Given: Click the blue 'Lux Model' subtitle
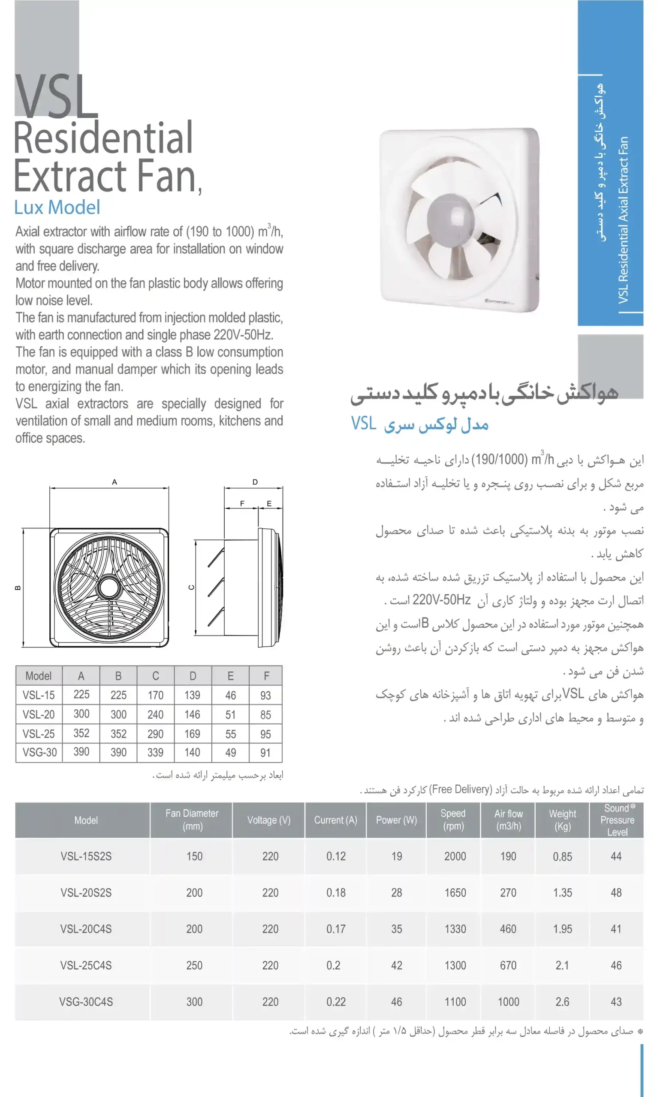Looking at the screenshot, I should pyautogui.click(x=57, y=207).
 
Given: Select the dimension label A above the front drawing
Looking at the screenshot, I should pyautogui.click(x=114, y=482).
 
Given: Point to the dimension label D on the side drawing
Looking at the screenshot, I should pyautogui.click(x=255, y=482).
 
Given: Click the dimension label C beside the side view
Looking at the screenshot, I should pyautogui.click(x=192, y=587).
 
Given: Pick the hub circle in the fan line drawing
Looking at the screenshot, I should pyautogui.click(x=108, y=587).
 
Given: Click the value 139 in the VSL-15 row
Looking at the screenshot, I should pyautogui.click(x=192, y=695).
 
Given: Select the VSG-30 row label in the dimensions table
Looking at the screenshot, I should pyautogui.click(x=39, y=752).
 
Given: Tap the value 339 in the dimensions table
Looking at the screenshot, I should pyautogui.click(x=155, y=752).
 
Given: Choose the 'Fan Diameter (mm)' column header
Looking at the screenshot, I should pyautogui.click(x=192, y=820).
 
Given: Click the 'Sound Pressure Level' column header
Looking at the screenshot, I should pyautogui.click(x=617, y=820).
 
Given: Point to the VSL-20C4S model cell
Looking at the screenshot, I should pyautogui.click(x=86, y=929).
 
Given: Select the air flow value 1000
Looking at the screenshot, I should pyautogui.click(x=508, y=1001).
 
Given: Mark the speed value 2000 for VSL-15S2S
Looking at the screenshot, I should pyautogui.click(x=455, y=856).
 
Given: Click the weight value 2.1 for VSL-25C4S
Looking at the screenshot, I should pyautogui.click(x=562, y=965).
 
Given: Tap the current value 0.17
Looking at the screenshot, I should pyautogui.click(x=336, y=929).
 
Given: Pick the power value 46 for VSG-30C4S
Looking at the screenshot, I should pyautogui.click(x=396, y=1001).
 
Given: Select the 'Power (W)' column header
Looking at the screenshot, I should pyautogui.click(x=396, y=820).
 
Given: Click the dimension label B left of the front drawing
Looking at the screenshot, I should pyautogui.click(x=18, y=587).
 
